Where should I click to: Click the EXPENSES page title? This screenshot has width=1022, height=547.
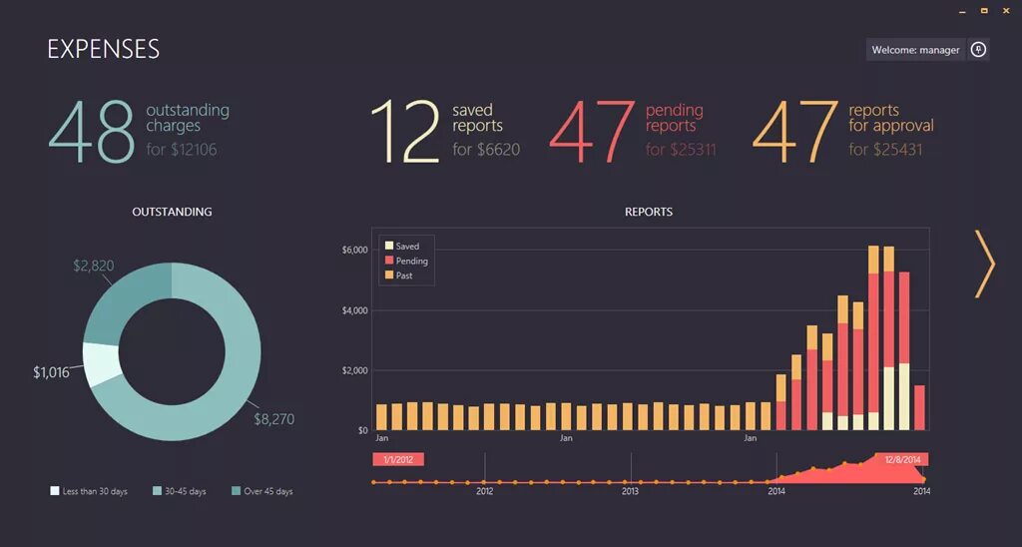pos(103,49)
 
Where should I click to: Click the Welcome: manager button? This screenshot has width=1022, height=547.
pos(915,50)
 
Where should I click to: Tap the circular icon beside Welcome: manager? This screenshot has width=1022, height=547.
pos(979,50)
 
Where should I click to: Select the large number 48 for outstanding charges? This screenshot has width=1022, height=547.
pos(91,132)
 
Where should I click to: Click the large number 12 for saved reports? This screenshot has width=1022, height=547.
pos(405,132)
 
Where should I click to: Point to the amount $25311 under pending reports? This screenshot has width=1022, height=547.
pos(681,150)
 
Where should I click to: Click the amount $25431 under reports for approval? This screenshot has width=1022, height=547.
pos(885,150)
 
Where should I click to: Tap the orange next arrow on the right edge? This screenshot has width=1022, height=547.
pos(985,264)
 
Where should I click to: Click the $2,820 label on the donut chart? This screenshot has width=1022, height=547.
pos(95,266)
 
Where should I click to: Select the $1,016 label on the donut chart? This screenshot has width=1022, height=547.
pos(51,372)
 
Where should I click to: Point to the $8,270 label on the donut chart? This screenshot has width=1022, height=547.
pos(273,419)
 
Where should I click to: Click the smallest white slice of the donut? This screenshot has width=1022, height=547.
pos(102,363)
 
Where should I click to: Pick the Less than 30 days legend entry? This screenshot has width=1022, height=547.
pos(90,491)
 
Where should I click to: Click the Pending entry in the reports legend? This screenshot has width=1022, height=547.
pos(411,261)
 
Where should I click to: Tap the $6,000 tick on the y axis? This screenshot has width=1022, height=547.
pos(355,250)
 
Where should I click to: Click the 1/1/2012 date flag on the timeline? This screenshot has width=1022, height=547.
pos(398,459)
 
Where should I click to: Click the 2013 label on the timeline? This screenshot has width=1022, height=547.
pos(631,491)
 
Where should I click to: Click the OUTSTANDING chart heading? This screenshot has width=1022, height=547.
pos(172,212)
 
